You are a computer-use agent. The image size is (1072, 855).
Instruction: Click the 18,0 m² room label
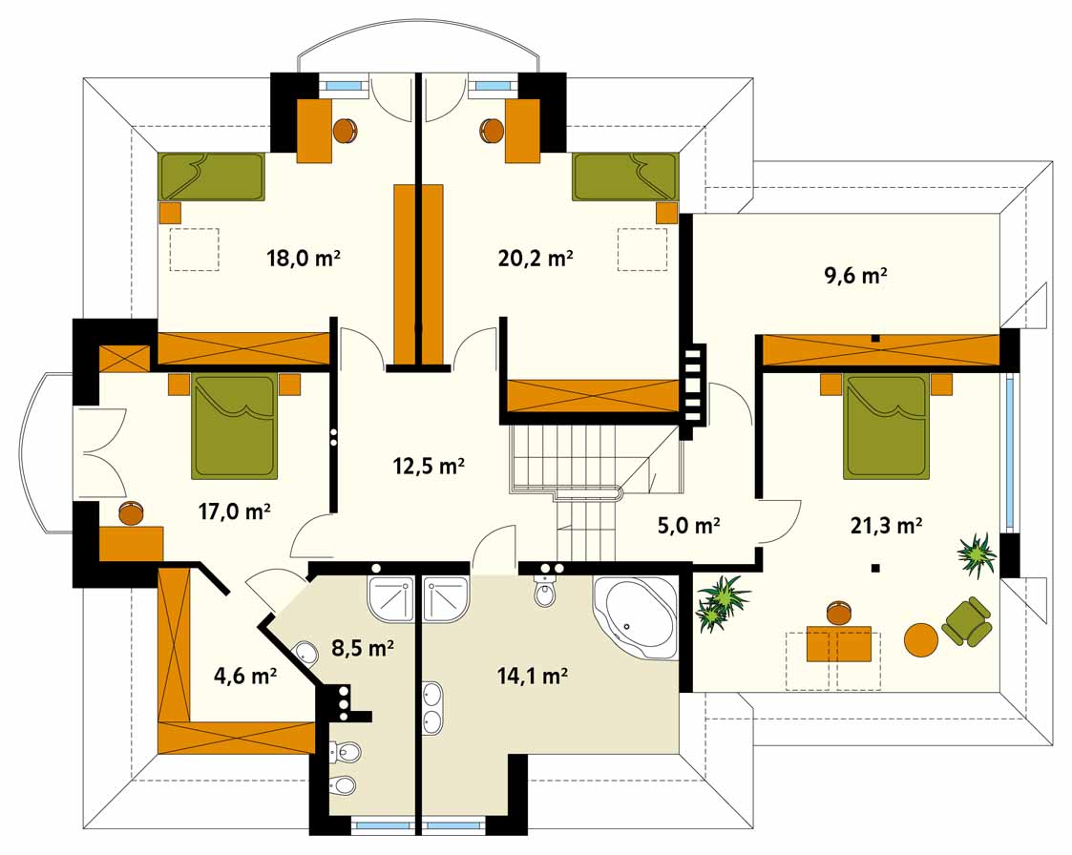point(303,258)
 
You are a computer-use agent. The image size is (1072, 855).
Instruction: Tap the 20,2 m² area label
point(535,258)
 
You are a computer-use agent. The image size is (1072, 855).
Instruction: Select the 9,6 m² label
point(855,276)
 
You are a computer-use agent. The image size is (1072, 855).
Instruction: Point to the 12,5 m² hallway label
point(429,466)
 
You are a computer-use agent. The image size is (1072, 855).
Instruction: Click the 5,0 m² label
point(688,525)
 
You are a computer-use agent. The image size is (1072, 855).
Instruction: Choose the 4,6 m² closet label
point(244,676)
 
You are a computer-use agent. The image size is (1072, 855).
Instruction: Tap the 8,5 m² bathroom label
point(363,647)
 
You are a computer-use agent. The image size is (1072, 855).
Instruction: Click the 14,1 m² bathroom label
point(532,676)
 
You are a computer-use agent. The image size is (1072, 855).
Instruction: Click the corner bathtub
point(636,618)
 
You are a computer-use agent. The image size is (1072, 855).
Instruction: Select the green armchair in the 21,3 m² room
point(967,621)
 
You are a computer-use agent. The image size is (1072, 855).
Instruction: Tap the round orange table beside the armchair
point(921,639)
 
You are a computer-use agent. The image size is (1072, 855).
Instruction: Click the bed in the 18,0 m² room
point(211,177)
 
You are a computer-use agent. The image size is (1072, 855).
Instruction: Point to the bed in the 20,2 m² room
point(625,177)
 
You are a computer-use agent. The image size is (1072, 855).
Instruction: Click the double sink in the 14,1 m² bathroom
point(432,708)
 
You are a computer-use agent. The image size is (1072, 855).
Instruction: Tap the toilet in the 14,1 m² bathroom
point(545,592)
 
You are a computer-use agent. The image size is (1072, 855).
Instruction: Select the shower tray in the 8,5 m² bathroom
point(391,599)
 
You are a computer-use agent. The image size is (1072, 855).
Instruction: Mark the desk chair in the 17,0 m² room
point(131,512)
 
